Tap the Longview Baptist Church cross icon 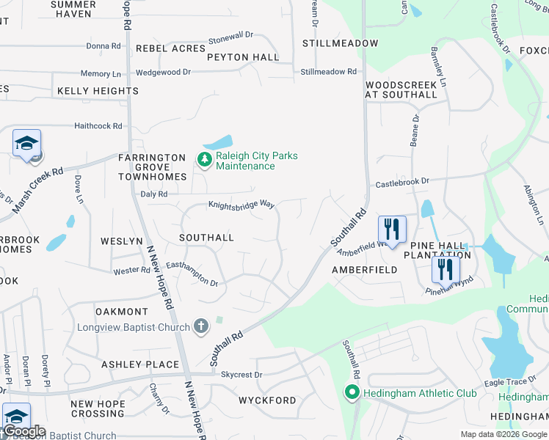tap(201, 327)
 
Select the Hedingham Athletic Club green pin tap(352, 394)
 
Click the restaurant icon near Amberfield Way tap(392, 230)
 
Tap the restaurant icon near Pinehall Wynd tap(445, 270)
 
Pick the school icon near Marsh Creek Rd tap(26, 143)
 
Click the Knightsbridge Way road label tap(241, 205)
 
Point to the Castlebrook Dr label tap(402, 180)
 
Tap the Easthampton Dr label tap(192, 279)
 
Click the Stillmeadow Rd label tap(328, 72)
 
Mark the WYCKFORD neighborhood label tap(267, 400)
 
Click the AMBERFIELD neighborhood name tap(364, 270)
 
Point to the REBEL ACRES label tap(170, 48)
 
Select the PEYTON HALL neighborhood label tap(243, 57)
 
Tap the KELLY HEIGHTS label tap(98, 91)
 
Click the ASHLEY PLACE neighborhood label tap(140, 364)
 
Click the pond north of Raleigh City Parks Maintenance tap(218, 142)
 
